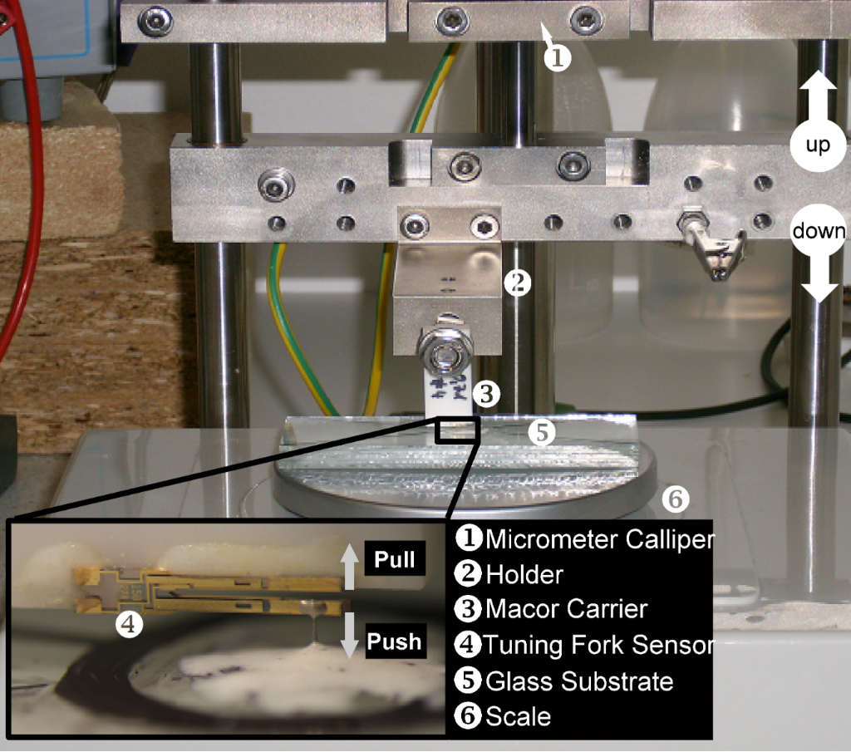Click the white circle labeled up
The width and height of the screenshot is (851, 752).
(818, 145)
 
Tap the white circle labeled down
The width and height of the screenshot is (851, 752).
(819, 231)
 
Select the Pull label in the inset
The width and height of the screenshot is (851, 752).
(395, 559)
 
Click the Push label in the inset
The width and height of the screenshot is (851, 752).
(395, 641)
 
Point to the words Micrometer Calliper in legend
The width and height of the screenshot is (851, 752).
(600, 538)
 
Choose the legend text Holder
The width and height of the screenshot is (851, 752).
(525, 574)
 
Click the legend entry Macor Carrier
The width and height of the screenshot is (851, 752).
(567, 609)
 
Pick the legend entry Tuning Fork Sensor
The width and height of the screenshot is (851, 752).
(598, 645)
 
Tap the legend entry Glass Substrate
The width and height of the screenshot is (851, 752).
(579, 681)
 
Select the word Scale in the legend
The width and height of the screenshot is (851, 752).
(519, 716)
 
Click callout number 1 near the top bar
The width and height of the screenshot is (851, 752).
(558, 57)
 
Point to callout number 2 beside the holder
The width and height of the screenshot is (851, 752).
(517, 283)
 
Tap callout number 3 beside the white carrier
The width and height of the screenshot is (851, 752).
(486, 394)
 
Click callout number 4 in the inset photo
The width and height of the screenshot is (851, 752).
(129, 625)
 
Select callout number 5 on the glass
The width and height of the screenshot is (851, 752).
(542, 432)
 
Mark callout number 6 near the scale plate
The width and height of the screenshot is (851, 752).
(676, 499)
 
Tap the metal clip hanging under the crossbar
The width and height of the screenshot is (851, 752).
(712, 244)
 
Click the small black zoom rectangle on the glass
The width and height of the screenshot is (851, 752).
(456, 430)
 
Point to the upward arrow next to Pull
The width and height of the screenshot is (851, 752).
(350, 567)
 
